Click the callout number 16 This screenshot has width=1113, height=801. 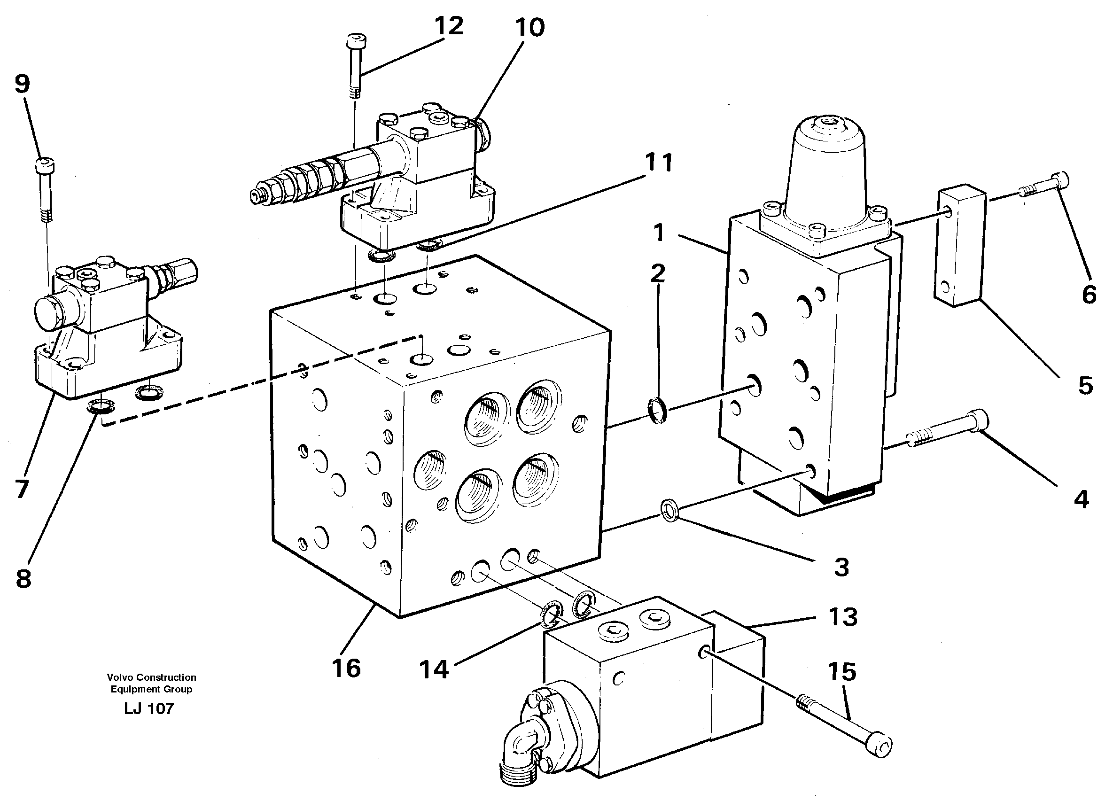(x=346, y=669)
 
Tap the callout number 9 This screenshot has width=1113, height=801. (x=22, y=84)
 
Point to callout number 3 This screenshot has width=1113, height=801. (x=841, y=568)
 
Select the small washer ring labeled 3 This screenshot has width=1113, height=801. (x=670, y=511)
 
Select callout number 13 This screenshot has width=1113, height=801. (x=842, y=617)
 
